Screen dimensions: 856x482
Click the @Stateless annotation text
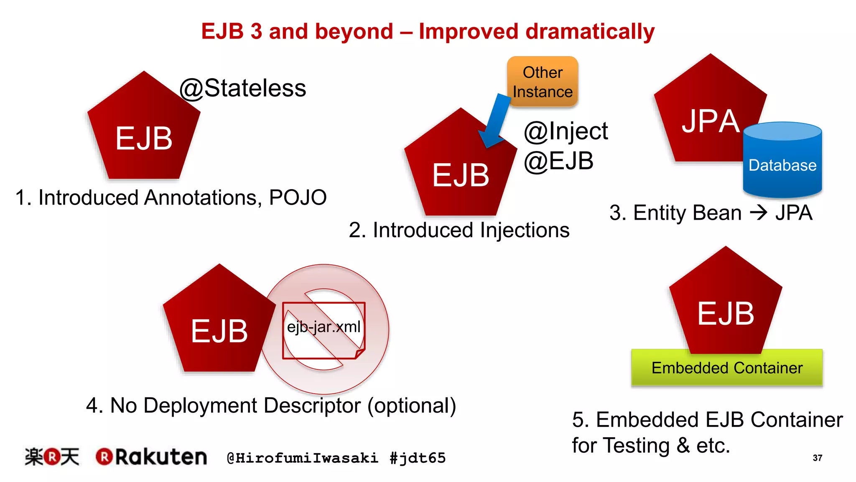pyautogui.click(x=243, y=88)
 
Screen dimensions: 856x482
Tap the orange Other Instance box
pyautogui.click(x=543, y=82)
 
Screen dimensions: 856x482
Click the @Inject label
pyautogui.click(x=566, y=131)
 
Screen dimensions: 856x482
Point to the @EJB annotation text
pyautogui.click(x=558, y=161)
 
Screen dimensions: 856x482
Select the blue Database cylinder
pyautogui.click(x=782, y=161)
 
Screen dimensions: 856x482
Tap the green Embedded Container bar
pyautogui.click(x=727, y=368)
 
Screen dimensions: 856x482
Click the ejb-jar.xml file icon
pyautogui.click(x=324, y=330)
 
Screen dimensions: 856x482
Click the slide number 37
pyautogui.click(x=818, y=458)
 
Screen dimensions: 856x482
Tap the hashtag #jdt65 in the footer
pyautogui.click(x=418, y=458)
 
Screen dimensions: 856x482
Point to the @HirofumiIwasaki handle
pyautogui.click(x=302, y=458)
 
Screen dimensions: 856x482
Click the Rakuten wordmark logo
pyautogui.click(x=151, y=457)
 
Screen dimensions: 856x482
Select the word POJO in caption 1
pyautogui.click(x=298, y=197)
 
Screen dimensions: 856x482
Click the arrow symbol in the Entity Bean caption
pyautogui.click(x=759, y=213)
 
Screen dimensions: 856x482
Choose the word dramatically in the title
pyautogui.click(x=590, y=32)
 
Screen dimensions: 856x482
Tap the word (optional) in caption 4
pyautogui.click(x=412, y=405)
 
